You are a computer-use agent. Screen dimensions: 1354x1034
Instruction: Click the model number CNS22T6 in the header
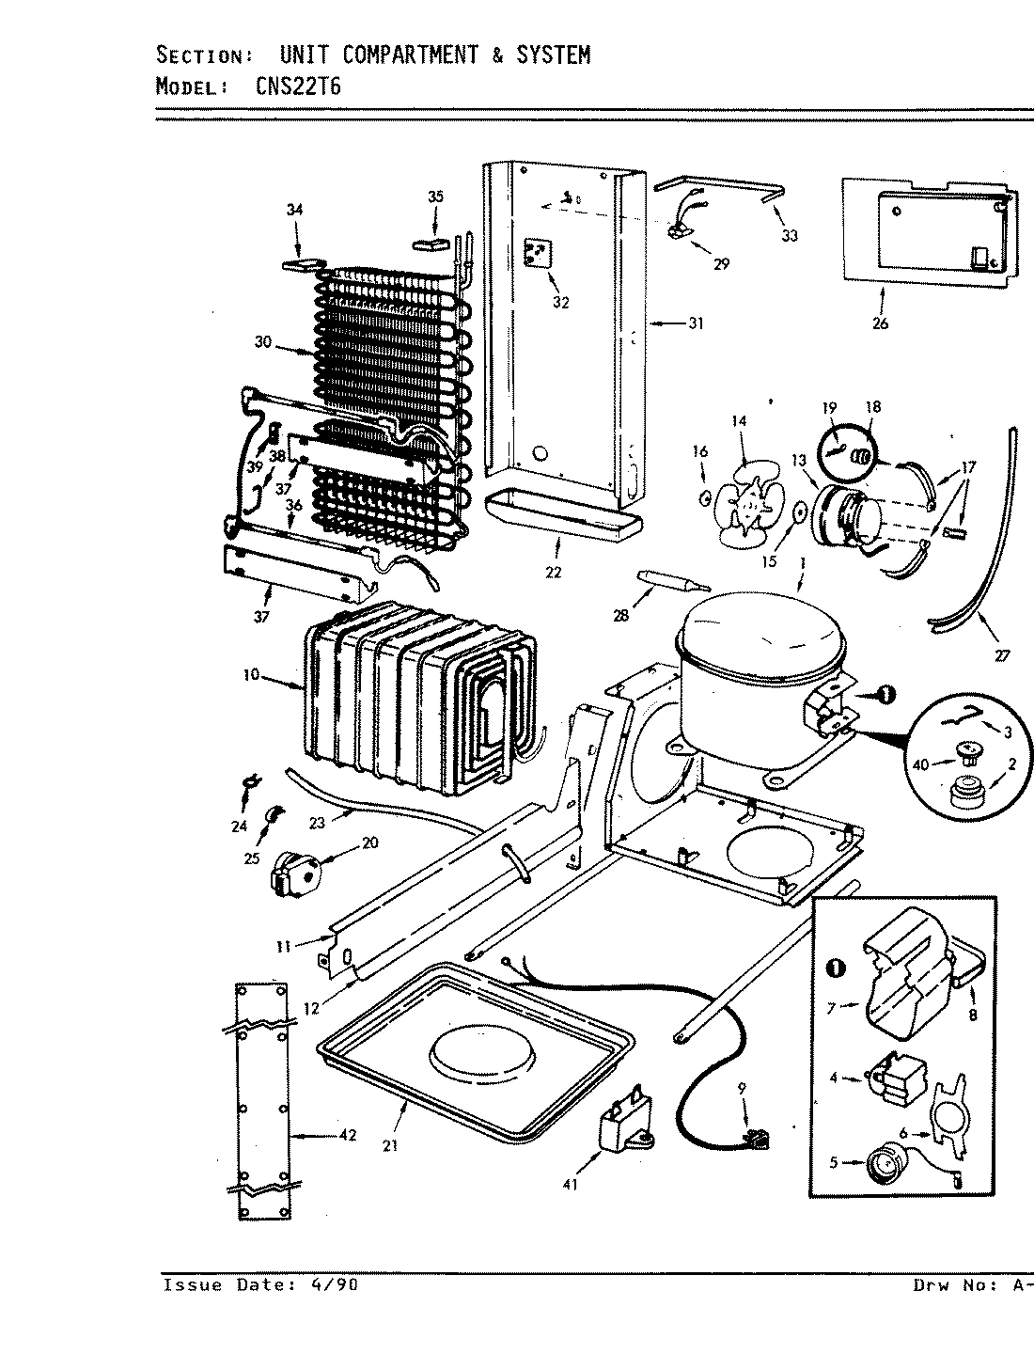(299, 87)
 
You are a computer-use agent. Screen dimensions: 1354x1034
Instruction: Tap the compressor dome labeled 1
(760, 639)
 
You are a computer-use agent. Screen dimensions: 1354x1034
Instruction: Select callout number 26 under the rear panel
(881, 323)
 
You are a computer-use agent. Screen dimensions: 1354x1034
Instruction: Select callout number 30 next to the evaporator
(262, 342)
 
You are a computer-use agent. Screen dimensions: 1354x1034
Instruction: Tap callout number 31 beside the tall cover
(695, 323)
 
